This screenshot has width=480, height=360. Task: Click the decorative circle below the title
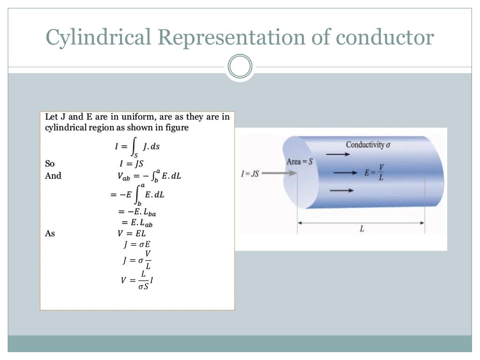coord(240,67)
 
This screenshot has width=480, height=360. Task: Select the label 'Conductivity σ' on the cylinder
coord(368,144)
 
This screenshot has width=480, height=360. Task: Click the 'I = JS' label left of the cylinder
coord(250,173)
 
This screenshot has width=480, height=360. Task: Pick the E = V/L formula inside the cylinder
coord(373,173)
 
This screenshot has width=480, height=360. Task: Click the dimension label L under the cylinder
coord(361,230)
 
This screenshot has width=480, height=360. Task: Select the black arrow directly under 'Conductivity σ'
coord(335,153)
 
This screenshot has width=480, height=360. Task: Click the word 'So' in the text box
coord(50,164)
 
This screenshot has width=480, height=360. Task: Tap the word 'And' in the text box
coord(53,176)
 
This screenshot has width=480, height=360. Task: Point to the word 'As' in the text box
coord(50,233)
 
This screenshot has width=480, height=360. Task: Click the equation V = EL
coord(135,233)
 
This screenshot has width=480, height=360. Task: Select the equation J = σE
coord(137,244)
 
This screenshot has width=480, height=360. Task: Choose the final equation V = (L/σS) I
coord(137,280)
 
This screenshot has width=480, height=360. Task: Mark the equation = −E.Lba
coord(136,212)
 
